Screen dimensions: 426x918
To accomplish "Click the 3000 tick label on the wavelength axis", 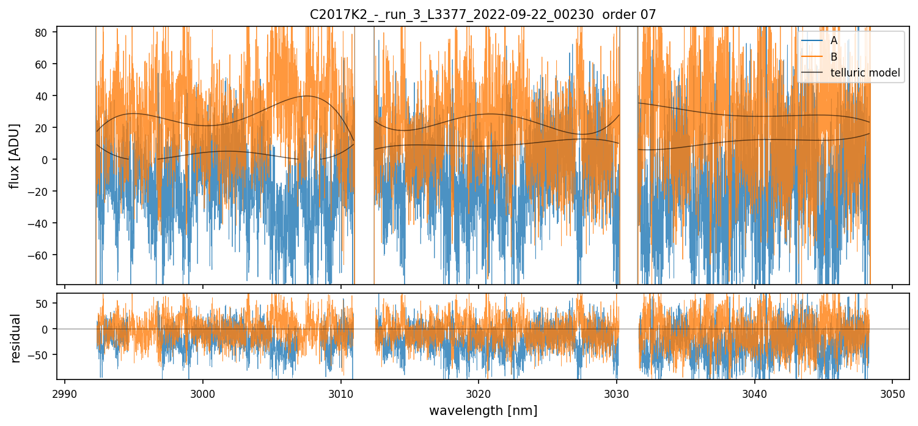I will click(203, 392).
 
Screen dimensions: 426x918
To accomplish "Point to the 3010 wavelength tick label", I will click(340, 392).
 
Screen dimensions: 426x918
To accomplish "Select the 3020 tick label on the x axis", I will click(479, 392).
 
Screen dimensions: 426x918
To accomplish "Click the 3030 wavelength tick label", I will click(616, 392).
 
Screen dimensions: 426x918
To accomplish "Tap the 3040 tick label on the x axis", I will click(754, 392).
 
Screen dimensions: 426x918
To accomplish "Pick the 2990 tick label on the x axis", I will click(65, 392).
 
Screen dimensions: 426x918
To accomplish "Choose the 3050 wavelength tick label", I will click(892, 392).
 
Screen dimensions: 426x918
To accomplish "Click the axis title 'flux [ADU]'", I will click(15, 155).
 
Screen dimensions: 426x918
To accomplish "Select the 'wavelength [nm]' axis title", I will click(483, 410).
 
